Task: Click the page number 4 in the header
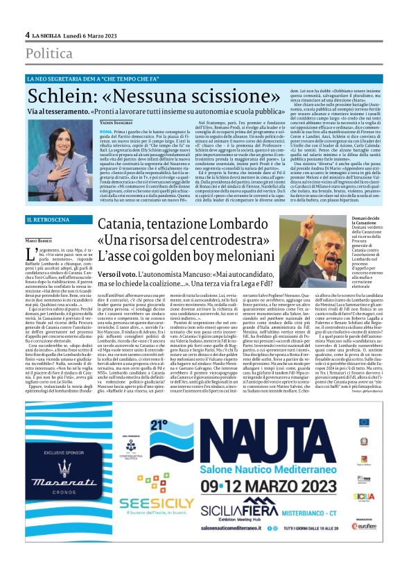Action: point(28,35)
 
